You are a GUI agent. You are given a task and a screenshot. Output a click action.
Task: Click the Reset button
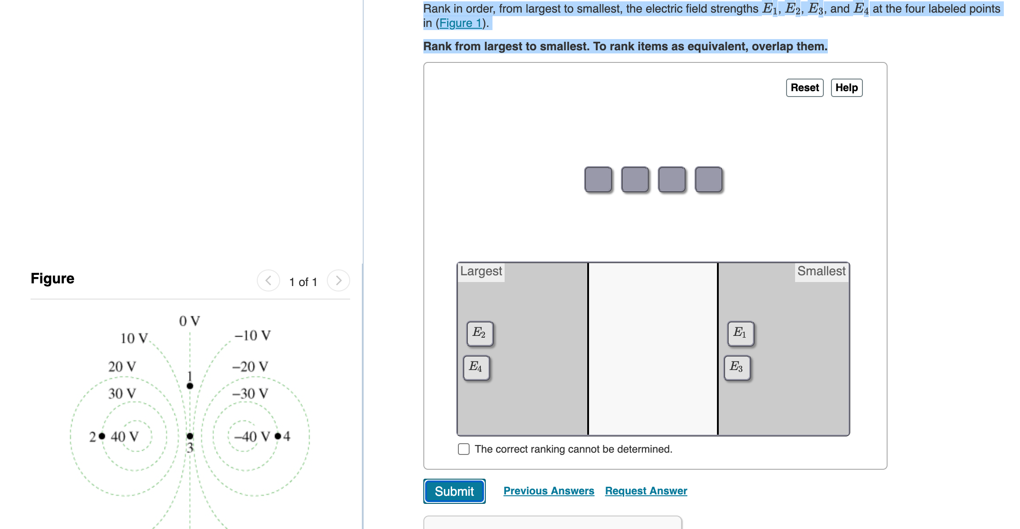tap(805, 88)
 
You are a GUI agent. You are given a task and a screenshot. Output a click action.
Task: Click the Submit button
tap(454, 491)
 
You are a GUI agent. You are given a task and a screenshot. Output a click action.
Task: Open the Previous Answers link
tap(549, 491)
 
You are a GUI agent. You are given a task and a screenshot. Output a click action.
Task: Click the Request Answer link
tap(646, 491)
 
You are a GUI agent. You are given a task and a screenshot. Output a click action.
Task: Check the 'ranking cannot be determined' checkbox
tap(464, 449)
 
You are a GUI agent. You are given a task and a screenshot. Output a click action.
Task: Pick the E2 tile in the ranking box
tap(480, 334)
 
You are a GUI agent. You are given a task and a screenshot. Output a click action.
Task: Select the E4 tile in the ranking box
tap(476, 368)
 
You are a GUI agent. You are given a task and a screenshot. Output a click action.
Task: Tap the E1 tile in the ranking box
tap(741, 334)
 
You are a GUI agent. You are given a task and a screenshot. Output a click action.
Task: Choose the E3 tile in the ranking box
tap(737, 368)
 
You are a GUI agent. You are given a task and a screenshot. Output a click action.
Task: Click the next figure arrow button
tap(339, 281)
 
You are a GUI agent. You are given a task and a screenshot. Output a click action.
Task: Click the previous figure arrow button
tap(268, 281)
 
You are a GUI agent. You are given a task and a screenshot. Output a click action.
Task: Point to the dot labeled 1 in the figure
tap(190, 386)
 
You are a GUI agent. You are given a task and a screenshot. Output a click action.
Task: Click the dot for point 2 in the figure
tap(102, 436)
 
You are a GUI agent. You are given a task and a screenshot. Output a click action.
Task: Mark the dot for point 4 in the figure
tap(278, 436)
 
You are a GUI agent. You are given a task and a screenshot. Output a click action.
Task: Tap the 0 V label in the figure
tap(189, 321)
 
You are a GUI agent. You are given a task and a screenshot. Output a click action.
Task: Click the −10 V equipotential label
tap(252, 335)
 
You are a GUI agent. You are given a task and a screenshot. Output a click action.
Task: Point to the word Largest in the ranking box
tap(481, 271)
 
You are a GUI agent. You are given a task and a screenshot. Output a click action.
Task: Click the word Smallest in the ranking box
tap(822, 271)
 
